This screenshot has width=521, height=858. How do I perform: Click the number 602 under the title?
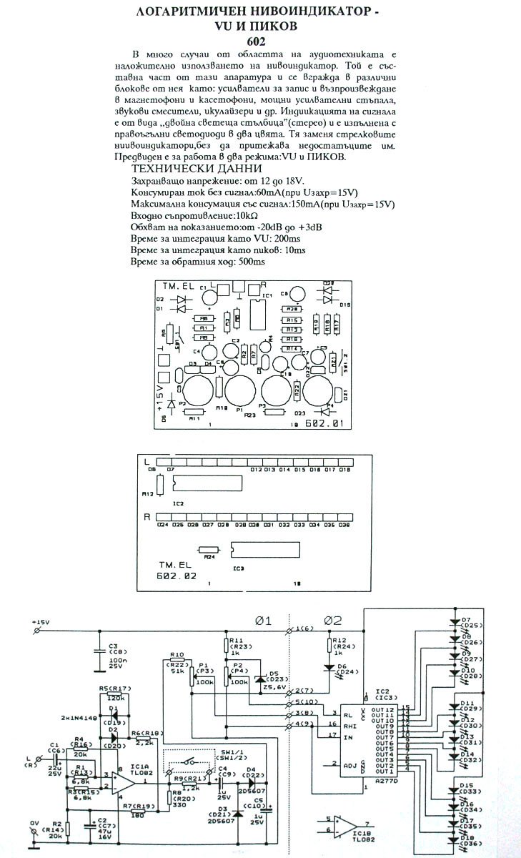[260, 42]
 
